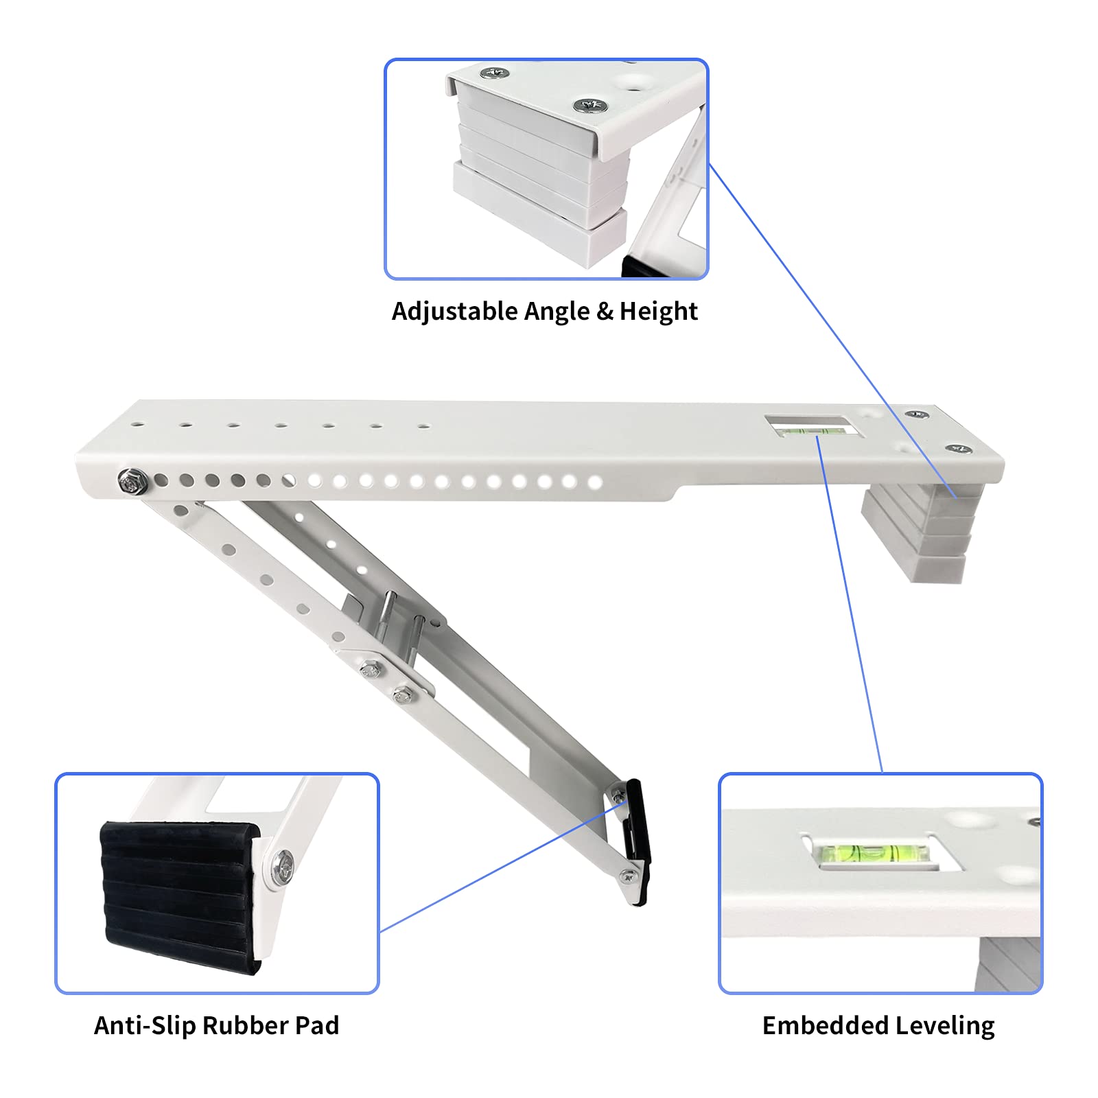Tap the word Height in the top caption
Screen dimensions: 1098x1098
tap(658, 312)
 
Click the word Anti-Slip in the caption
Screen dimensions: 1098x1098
tap(145, 1025)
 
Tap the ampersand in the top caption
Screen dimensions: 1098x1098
tap(605, 312)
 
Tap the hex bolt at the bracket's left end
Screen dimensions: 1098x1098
tap(128, 481)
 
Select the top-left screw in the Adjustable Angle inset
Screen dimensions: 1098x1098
tap(493, 73)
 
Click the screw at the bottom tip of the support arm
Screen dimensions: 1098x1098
tap(628, 876)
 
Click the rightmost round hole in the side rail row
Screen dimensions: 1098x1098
tap(595, 483)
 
